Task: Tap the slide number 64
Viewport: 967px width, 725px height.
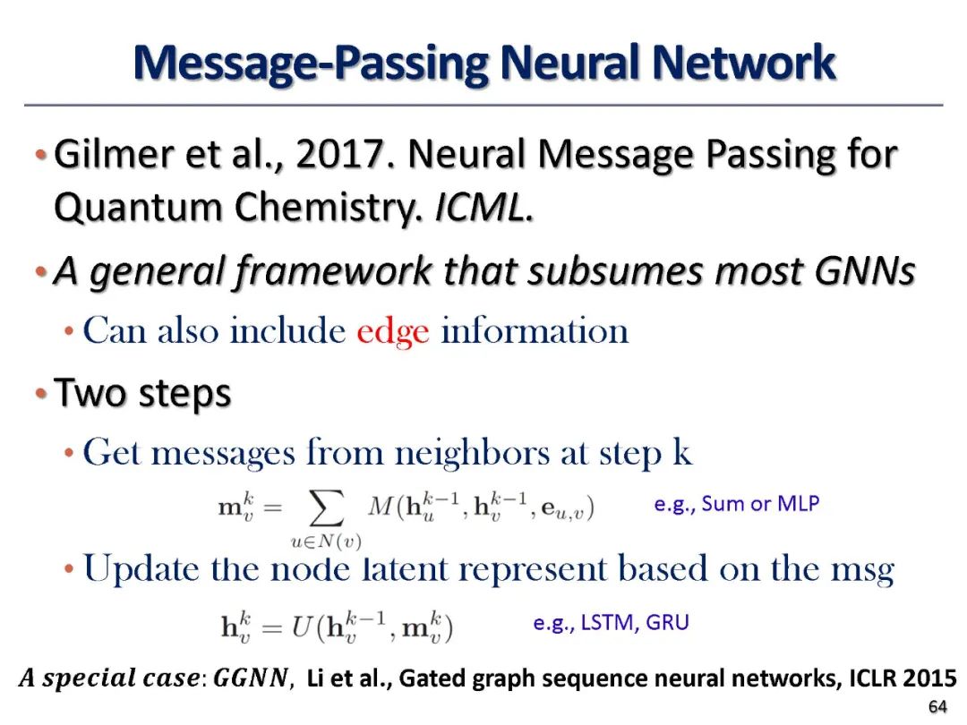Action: click(937, 707)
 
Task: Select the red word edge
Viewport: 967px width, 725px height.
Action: click(392, 331)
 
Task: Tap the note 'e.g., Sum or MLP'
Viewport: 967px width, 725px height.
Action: click(736, 504)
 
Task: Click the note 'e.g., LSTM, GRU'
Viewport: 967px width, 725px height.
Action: click(611, 623)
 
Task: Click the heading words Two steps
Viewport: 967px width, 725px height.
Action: click(143, 393)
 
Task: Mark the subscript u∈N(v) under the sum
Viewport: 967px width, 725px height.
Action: click(326, 540)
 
